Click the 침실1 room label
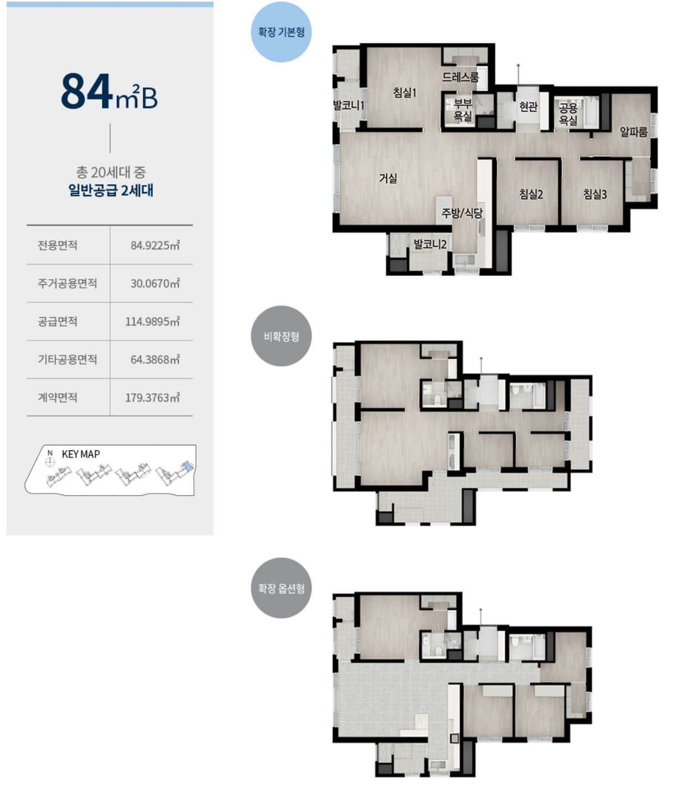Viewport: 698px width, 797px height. point(404,93)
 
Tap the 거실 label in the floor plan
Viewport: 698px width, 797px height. point(387,178)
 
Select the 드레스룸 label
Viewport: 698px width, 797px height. point(460,77)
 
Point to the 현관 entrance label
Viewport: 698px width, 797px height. point(528,106)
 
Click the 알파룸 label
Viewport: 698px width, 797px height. point(633,132)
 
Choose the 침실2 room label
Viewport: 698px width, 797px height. point(531,193)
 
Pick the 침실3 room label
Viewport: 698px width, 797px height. point(594,193)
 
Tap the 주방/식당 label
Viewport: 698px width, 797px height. point(462,213)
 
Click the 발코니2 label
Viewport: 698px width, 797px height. point(430,244)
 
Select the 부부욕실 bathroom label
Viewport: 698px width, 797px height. point(462,110)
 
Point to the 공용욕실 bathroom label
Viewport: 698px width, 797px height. point(568,114)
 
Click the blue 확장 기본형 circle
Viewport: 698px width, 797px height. point(281,32)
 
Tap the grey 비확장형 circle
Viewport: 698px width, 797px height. point(281,336)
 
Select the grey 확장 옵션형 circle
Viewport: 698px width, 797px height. point(281,588)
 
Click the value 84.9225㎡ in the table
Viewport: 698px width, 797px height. point(155,245)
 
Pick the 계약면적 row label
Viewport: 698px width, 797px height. point(58,397)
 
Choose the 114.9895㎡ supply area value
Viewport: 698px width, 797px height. point(152,321)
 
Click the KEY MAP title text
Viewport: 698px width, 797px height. point(81,454)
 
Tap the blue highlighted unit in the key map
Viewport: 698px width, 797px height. point(189,467)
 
